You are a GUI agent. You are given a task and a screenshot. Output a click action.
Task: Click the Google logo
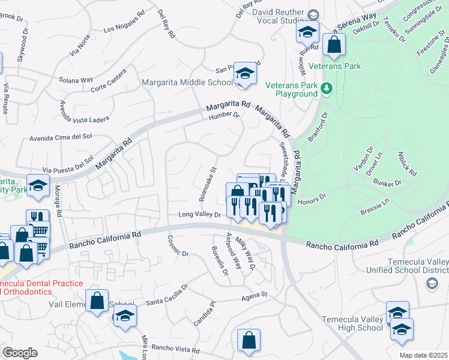click(x=20, y=353)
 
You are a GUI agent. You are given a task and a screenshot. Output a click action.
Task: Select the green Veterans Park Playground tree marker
click(x=326, y=89)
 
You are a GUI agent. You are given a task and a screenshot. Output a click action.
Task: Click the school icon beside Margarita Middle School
click(x=244, y=74)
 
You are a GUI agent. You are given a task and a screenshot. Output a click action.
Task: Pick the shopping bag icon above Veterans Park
click(x=334, y=44)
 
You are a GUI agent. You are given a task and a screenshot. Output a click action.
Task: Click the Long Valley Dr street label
click(x=200, y=214)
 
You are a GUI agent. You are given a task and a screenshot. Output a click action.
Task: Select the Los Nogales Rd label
click(x=125, y=28)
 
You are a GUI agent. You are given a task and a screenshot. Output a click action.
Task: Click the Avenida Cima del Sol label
click(x=60, y=137)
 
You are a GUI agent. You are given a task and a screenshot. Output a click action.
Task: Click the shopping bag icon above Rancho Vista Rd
click(x=249, y=341)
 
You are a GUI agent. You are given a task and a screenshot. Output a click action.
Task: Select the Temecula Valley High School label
click(x=352, y=323)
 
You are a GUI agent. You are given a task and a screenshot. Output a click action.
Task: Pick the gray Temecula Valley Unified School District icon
click(x=432, y=285)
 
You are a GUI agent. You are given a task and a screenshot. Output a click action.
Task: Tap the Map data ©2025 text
click(x=424, y=355)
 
